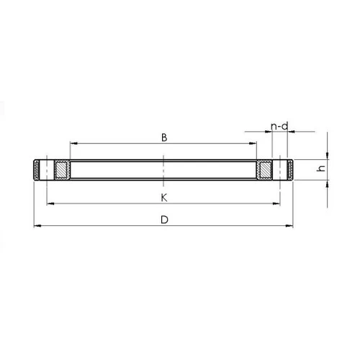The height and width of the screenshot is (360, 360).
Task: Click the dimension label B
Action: (x=164, y=138)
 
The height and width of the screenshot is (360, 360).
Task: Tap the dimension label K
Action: (x=164, y=198)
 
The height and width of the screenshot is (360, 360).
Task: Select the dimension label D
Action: (x=164, y=220)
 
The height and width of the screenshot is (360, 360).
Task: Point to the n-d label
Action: (x=279, y=126)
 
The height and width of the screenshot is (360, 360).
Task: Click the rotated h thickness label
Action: (x=321, y=168)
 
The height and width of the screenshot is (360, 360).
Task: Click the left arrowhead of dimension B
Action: (x=73, y=143)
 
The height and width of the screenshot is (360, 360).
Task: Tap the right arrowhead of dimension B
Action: (x=253, y=143)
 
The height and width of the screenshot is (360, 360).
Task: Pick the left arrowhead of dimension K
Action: (x=50, y=204)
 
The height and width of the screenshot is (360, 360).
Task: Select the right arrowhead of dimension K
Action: (x=276, y=204)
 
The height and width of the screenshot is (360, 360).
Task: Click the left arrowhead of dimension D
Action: (x=37, y=226)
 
